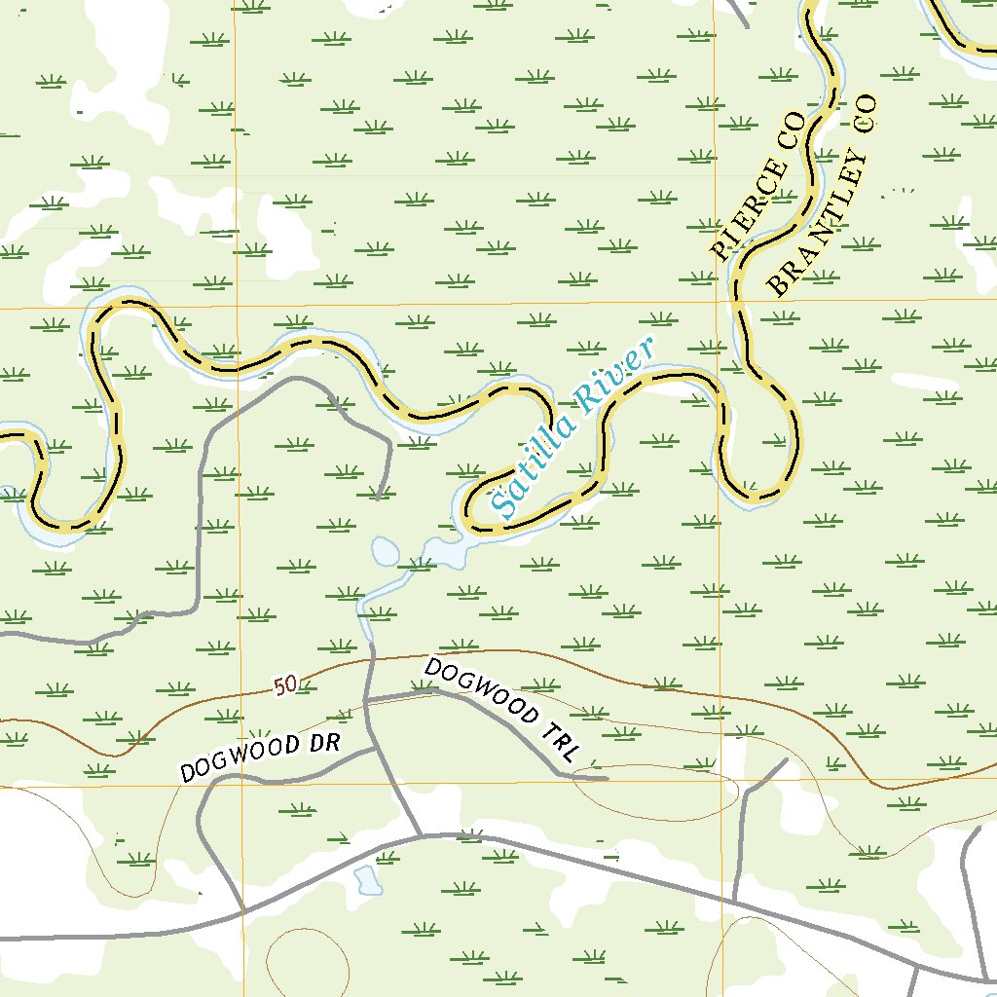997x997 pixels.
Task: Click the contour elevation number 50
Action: tap(284, 686)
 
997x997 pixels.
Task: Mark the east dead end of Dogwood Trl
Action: tap(607, 778)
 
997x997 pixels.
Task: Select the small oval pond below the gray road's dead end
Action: tap(386, 552)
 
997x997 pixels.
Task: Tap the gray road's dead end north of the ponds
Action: tap(378, 498)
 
